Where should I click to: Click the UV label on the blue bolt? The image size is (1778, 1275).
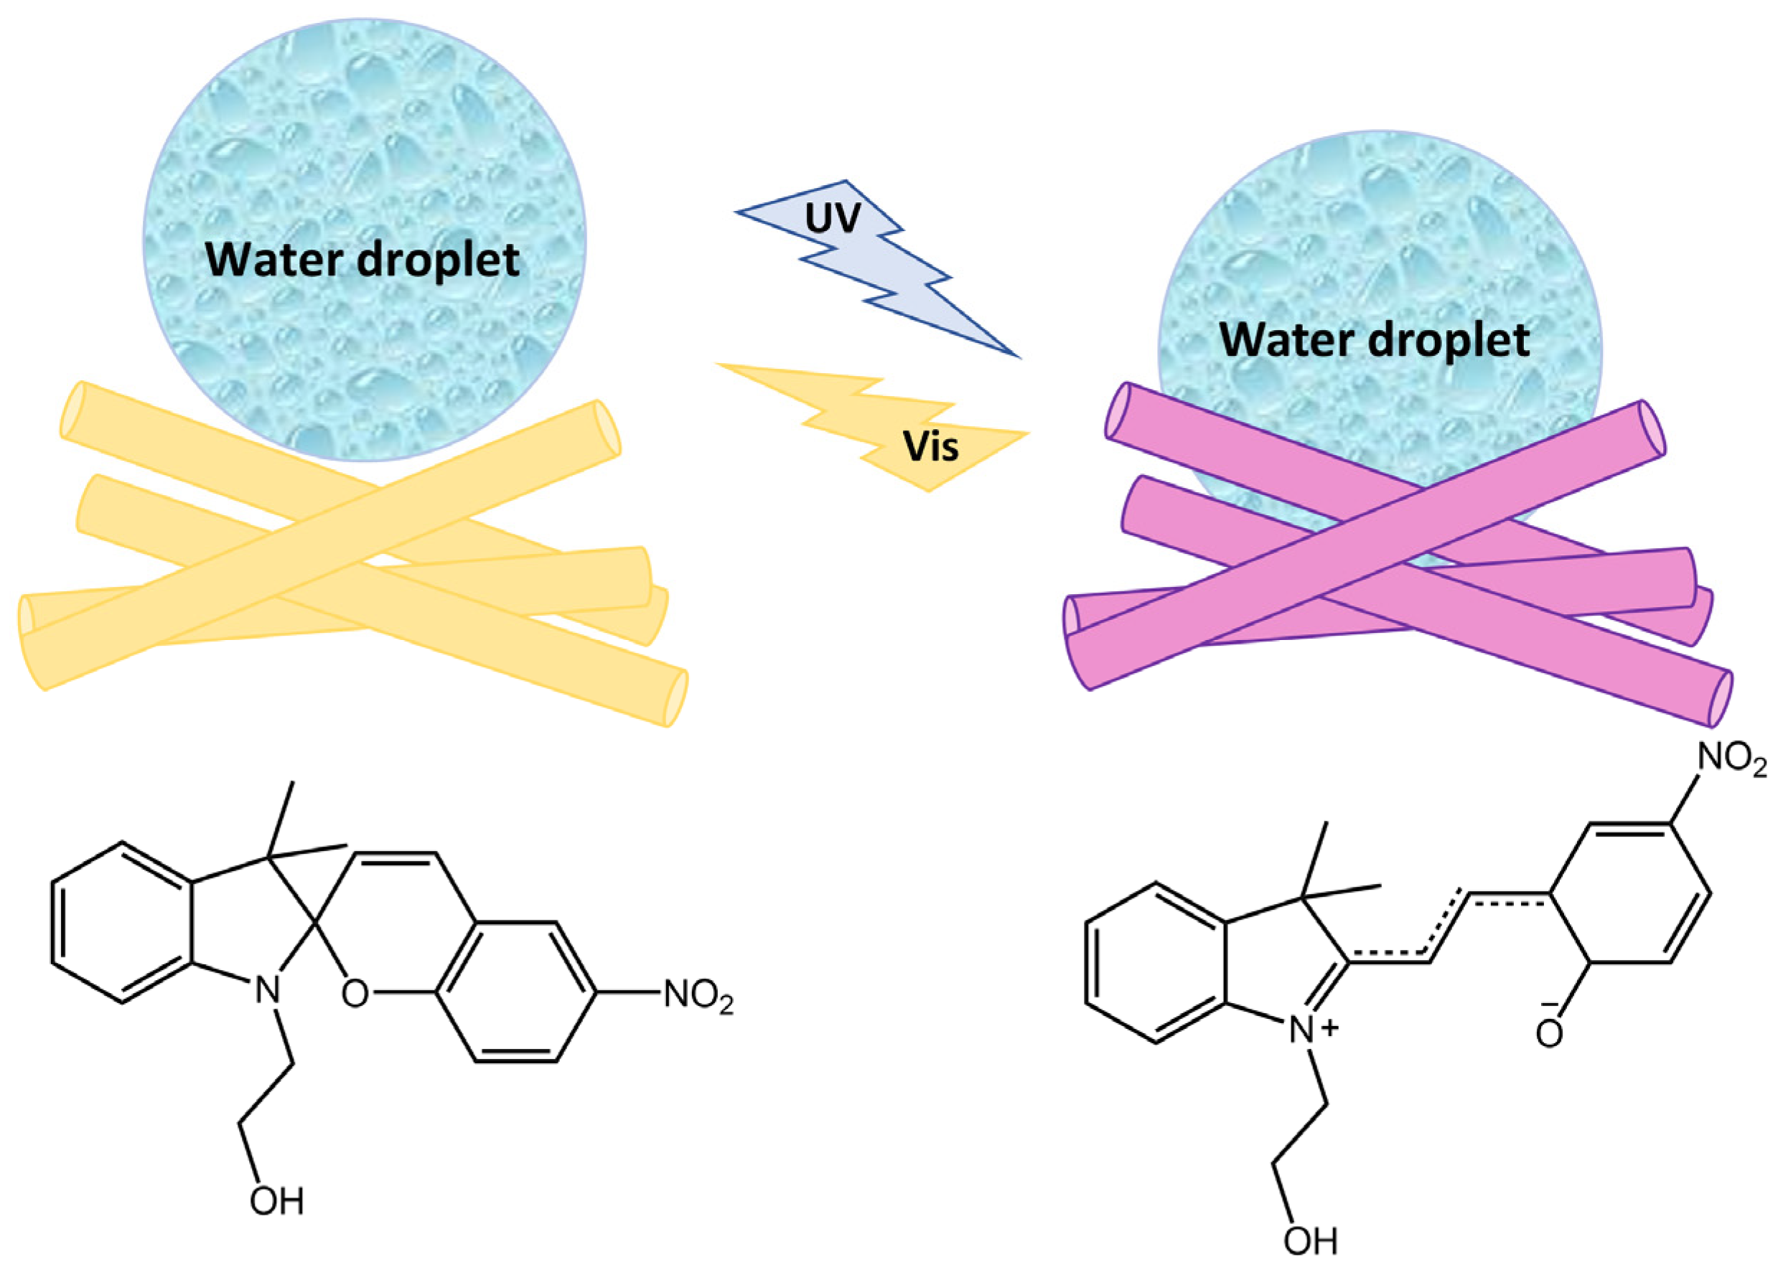(833, 219)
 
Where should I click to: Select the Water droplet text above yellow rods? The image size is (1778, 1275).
(362, 260)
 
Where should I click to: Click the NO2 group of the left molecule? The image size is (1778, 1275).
(698, 996)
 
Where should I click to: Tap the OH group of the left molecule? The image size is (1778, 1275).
(276, 1200)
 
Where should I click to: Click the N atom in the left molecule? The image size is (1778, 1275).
(267, 992)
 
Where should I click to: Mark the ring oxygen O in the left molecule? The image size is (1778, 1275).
(355, 994)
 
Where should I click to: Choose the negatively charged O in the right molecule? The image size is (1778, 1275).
(1548, 1034)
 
